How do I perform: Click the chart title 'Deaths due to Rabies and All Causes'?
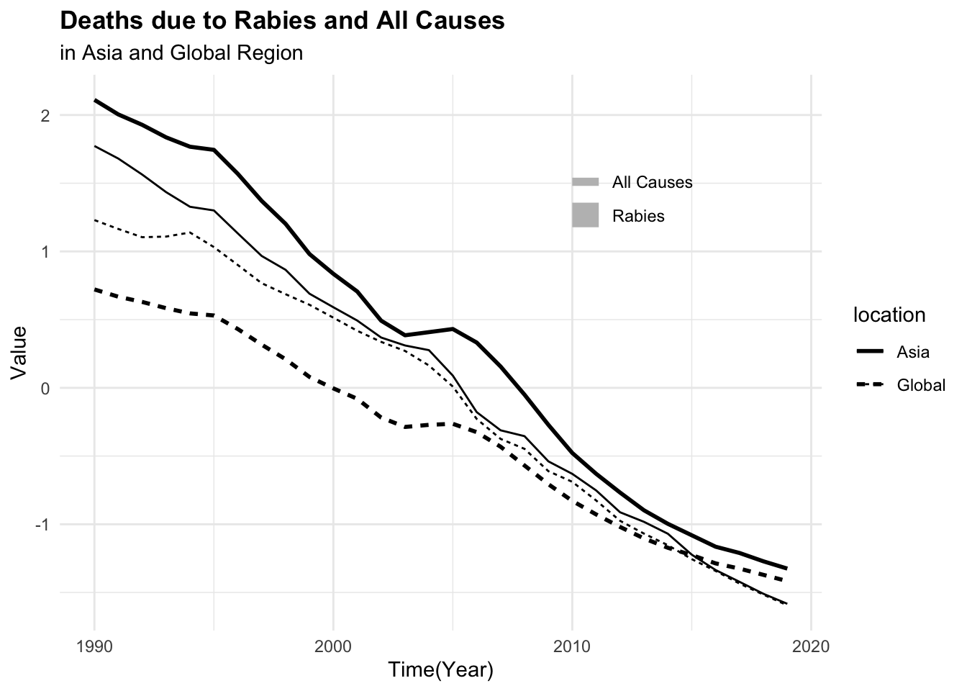282,21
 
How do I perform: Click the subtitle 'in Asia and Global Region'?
181,53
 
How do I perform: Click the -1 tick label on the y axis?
42,525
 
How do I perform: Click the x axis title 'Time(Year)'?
440,670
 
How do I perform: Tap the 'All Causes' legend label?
652,182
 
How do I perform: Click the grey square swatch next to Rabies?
586,215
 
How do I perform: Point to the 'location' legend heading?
889,315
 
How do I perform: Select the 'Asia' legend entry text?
912,352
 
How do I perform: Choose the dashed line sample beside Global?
870,385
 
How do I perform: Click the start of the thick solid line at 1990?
95,100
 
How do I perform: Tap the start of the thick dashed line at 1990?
95,289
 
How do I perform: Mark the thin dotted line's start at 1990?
95,220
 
